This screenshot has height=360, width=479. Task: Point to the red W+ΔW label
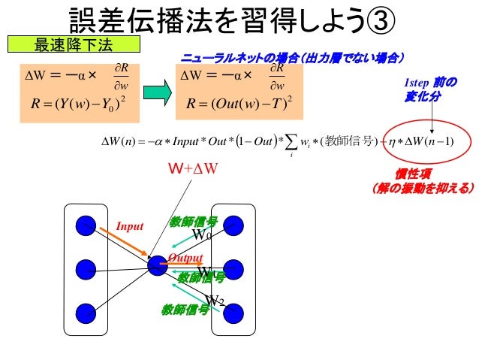(x=192, y=168)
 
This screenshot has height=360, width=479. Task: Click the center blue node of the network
(x=157, y=265)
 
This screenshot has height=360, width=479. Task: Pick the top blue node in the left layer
(x=87, y=224)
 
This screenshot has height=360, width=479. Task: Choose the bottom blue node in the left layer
(x=87, y=310)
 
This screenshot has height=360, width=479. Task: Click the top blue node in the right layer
(x=234, y=224)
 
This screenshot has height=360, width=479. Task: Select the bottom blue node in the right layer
(x=234, y=310)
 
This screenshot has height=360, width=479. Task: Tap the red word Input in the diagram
(x=129, y=224)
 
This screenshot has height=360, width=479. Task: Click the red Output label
(x=185, y=257)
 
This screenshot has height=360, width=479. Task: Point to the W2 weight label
(x=215, y=301)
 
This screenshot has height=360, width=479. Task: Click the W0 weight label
(x=203, y=236)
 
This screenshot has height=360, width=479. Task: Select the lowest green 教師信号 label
(x=185, y=309)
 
